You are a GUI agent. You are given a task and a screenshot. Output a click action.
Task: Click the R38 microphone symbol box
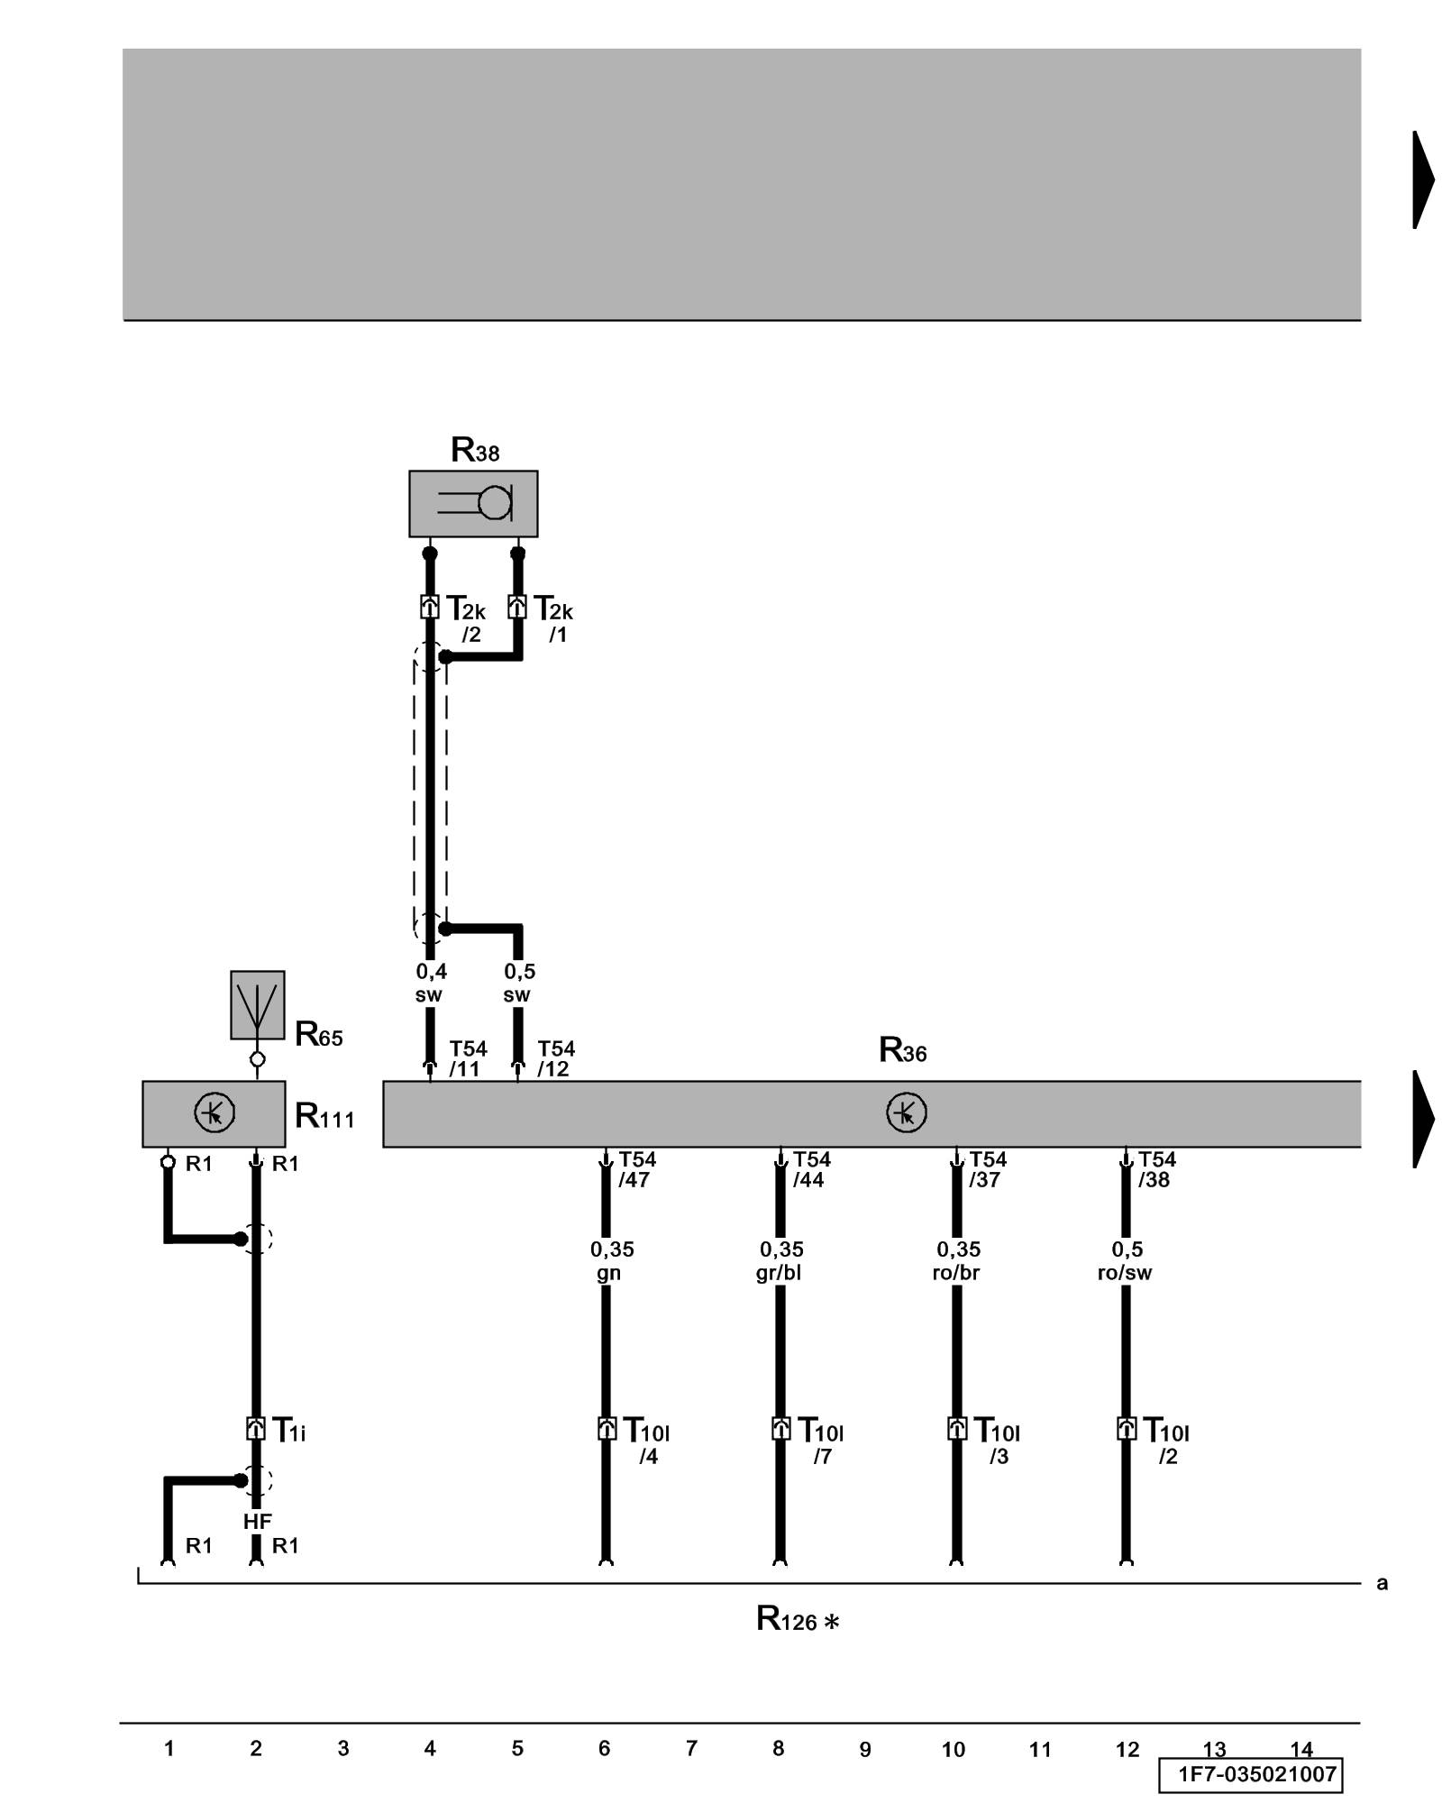[x=473, y=503]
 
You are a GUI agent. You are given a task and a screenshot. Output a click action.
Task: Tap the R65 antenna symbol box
[x=258, y=1004]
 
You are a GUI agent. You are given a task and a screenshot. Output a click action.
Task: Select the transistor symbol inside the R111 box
[x=214, y=1112]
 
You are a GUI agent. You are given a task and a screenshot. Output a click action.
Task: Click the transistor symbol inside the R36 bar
[x=906, y=1112]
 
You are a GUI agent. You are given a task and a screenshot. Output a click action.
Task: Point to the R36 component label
[x=902, y=1050]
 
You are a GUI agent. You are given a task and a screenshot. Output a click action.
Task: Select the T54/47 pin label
[x=636, y=1169]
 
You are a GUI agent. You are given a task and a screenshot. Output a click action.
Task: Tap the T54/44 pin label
[x=811, y=1169]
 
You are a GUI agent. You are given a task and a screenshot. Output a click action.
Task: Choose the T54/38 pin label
[x=1156, y=1169]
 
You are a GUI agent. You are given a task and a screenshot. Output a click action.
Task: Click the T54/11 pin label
[x=468, y=1058]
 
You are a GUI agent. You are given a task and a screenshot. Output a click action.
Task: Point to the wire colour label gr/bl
[x=779, y=1273]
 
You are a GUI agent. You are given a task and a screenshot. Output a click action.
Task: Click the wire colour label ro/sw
[x=1125, y=1273]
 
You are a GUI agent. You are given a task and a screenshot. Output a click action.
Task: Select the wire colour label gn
[x=608, y=1273]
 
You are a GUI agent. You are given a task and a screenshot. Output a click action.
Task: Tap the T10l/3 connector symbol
[x=957, y=1429]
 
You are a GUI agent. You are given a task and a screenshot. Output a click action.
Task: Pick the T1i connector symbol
[x=256, y=1429]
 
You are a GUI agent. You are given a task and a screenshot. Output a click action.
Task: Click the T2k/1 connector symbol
[x=517, y=607]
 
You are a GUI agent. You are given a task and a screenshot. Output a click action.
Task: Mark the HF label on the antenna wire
[x=257, y=1522]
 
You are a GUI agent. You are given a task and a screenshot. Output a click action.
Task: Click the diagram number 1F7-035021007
[x=1256, y=1775]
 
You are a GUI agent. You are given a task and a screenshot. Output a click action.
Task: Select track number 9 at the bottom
[x=865, y=1750]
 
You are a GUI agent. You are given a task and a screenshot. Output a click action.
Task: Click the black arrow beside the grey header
[x=1423, y=180]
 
